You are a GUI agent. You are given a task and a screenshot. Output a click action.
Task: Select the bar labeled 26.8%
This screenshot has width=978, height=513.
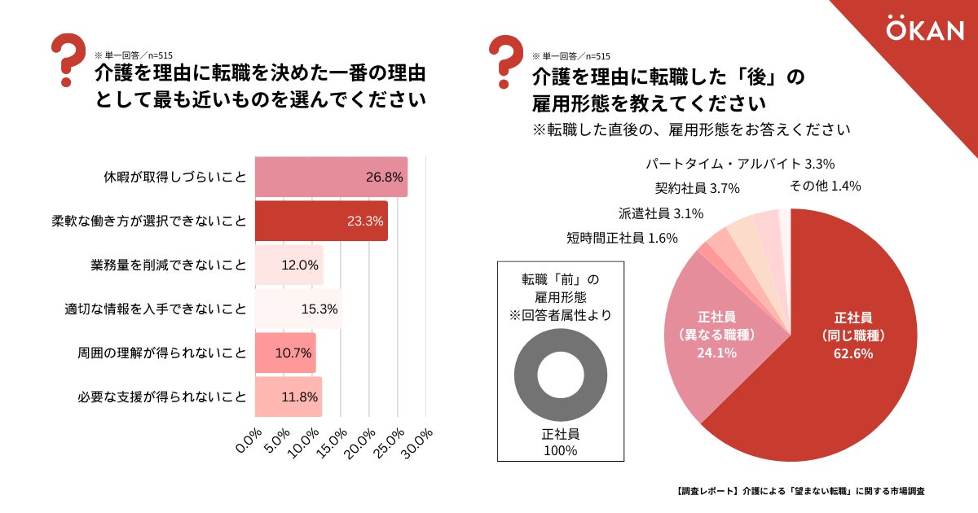(331, 177)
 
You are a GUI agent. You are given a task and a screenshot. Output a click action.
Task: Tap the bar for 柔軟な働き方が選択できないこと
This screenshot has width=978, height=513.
(321, 221)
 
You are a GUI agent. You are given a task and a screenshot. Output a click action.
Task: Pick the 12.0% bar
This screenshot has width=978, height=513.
(289, 265)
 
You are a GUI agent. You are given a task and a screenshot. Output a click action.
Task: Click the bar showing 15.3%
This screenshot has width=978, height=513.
(298, 309)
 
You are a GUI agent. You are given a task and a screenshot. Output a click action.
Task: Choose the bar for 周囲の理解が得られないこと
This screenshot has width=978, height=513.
(285, 353)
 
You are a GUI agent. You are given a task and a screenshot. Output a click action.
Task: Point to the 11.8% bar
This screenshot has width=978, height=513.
(289, 397)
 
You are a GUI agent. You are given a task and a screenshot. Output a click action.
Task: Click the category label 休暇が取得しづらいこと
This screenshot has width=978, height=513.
(174, 177)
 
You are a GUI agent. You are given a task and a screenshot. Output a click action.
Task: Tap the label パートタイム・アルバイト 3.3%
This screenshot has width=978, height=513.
(740, 164)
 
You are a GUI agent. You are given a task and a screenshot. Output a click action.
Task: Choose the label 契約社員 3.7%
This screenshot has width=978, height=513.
(697, 189)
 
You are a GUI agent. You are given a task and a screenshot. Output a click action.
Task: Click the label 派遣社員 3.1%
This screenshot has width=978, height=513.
(661, 214)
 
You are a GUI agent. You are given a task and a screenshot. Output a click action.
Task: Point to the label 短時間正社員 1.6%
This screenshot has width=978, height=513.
(611, 239)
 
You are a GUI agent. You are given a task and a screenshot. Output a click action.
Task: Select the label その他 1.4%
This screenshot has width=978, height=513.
(825, 186)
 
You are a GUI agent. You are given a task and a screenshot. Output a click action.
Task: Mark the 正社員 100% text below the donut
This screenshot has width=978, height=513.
(560, 442)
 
